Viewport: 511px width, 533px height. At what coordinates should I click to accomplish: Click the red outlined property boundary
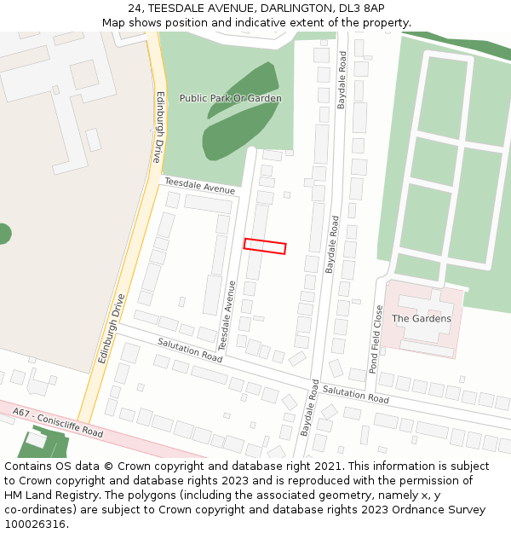click(265, 246)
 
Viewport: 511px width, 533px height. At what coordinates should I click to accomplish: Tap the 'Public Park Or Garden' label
click(230, 98)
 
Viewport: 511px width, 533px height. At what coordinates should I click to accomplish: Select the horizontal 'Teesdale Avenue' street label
click(199, 185)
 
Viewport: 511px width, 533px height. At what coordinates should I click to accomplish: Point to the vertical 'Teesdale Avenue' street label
click(227, 316)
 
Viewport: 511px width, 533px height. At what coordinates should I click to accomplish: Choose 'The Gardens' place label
click(421, 319)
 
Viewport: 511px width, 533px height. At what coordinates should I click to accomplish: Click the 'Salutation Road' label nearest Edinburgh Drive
click(189, 349)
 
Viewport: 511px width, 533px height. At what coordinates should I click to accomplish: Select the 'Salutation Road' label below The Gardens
click(355, 394)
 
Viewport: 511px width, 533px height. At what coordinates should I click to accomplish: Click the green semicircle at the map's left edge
click(4, 233)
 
